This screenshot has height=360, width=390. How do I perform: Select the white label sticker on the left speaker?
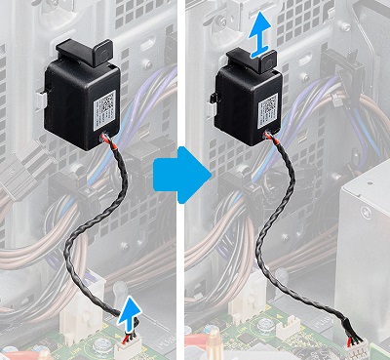pos(104,104)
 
